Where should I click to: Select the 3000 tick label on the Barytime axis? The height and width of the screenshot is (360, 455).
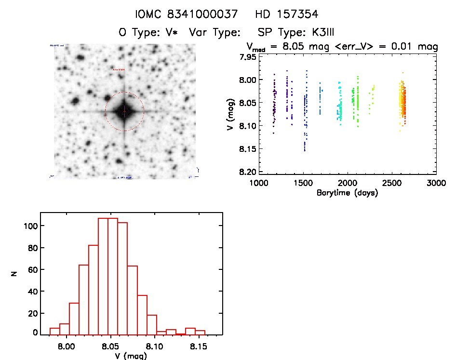pos(435,183)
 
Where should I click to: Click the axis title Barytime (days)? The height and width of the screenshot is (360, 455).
pos(347,193)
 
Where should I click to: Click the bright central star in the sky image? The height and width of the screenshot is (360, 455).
pos(124,111)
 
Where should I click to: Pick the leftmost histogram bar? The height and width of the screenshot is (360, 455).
pos(54,331)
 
